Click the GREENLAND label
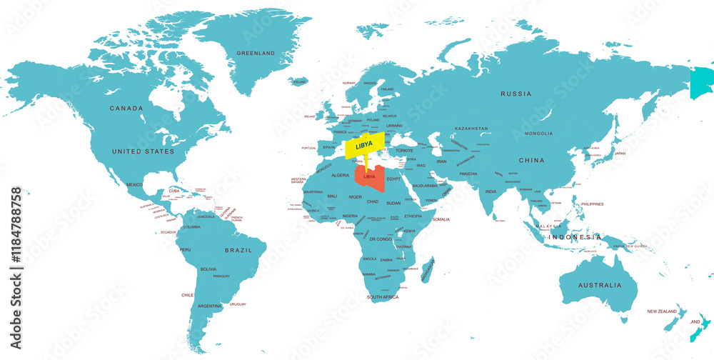click(255, 54)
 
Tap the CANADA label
click(126, 109)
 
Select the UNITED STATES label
click(143, 151)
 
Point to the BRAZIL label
click(238, 251)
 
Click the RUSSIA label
click(516, 94)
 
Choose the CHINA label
click(531, 160)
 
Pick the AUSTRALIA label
click(600, 285)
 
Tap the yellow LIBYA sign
click(364, 146)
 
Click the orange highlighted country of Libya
click(372, 180)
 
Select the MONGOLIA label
click(538, 134)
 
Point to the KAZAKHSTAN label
click(471, 129)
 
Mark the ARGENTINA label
click(210, 306)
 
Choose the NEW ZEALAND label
click(662, 311)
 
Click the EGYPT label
click(394, 179)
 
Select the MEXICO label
click(135, 185)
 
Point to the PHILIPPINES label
click(592, 204)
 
